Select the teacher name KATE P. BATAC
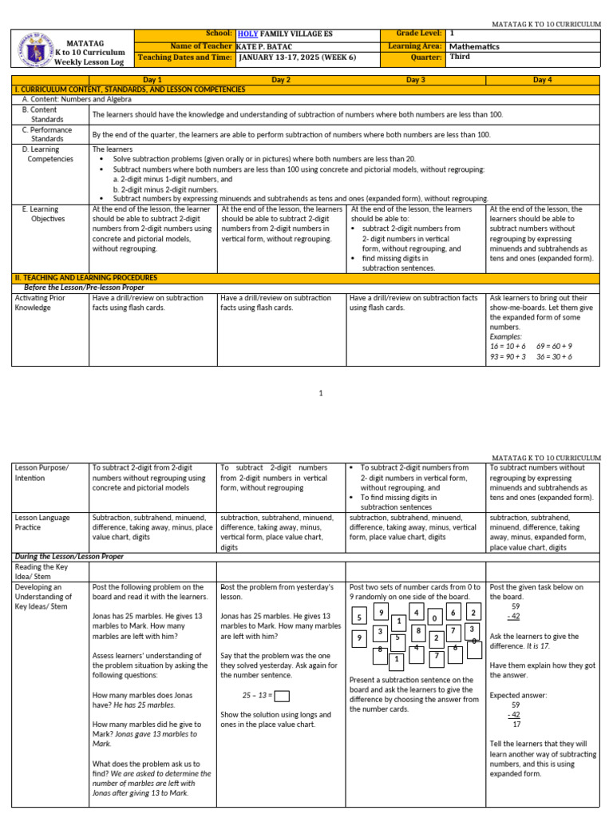267,46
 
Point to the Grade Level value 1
452,34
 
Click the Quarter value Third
460,58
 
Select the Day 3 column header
415,80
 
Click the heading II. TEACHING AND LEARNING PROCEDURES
86,277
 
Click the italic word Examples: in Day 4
505,336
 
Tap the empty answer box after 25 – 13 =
282,695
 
